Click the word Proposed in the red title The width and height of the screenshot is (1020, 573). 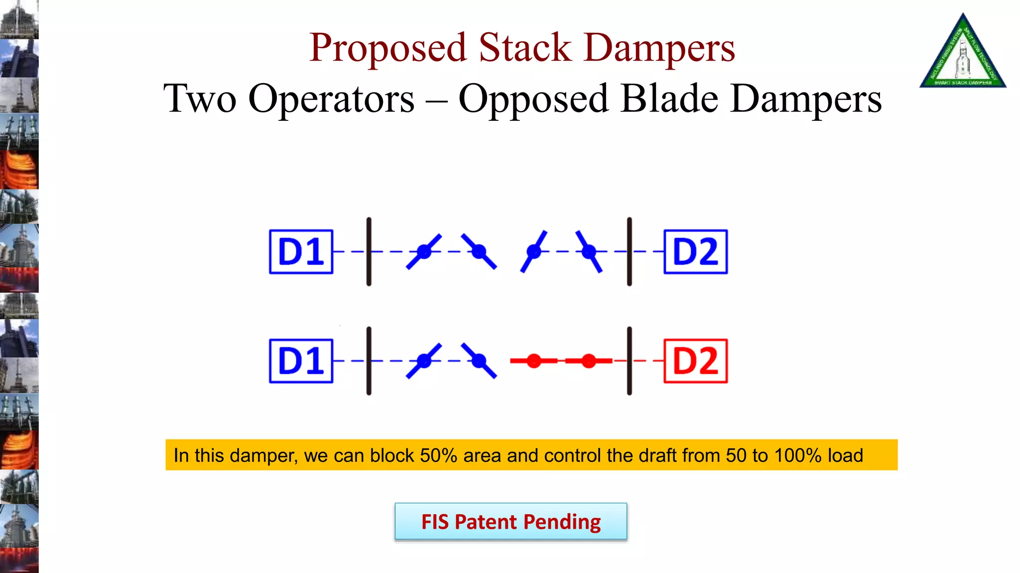387,49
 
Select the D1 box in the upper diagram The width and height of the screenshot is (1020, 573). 301,252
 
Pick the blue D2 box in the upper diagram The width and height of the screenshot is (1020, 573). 695,252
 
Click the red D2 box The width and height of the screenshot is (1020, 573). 695,361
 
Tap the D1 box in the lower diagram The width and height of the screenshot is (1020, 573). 301,361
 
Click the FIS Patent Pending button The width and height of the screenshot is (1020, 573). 510,521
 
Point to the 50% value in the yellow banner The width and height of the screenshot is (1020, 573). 438,456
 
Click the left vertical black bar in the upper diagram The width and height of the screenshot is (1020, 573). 369,252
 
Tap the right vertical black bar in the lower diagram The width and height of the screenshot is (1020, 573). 630,361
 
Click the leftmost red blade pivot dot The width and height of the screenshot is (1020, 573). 534,361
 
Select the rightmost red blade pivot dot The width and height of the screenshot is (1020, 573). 589,361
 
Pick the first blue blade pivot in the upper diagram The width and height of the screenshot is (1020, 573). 424,252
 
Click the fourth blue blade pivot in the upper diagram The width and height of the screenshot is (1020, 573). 589,252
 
